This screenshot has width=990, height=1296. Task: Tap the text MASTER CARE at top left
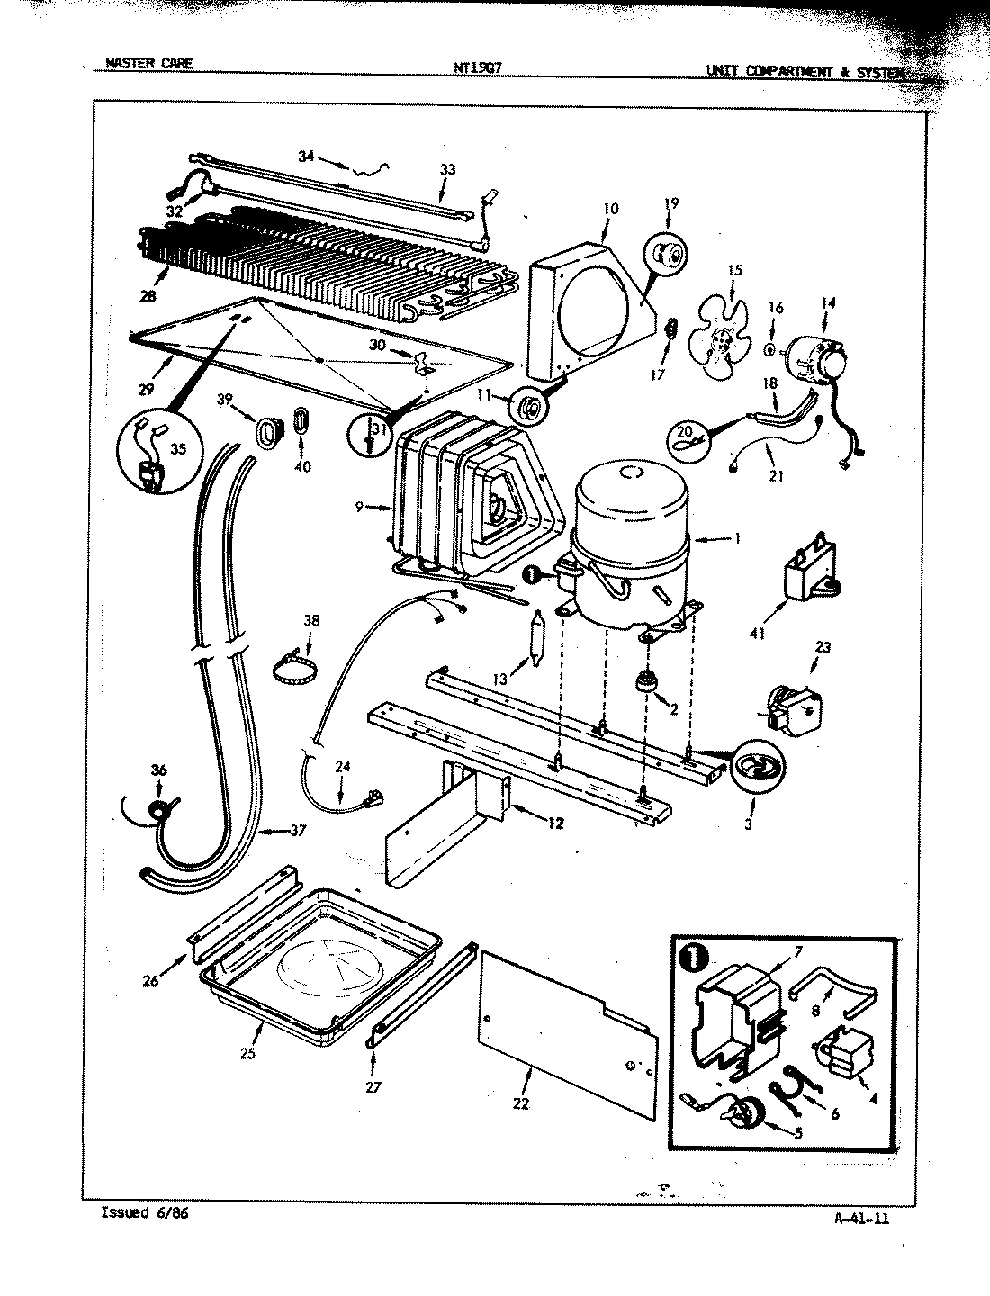tap(148, 63)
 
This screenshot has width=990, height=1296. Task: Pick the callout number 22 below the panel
tap(520, 1103)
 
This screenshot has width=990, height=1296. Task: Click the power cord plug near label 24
tap(373, 796)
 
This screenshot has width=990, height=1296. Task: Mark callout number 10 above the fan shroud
tap(610, 209)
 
